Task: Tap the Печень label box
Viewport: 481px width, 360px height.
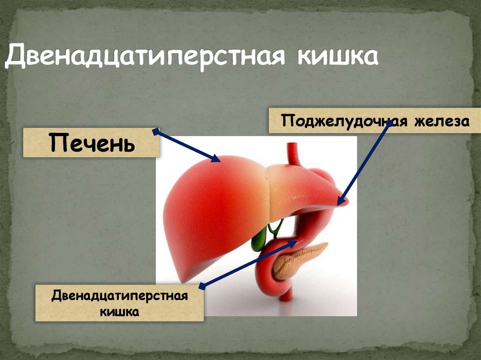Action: click(x=92, y=143)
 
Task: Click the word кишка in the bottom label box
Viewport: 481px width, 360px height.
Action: click(x=119, y=311)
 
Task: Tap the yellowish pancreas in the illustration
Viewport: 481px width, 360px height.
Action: click(x=297, y=260)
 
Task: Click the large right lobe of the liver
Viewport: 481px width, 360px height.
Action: click(x=211, y=211)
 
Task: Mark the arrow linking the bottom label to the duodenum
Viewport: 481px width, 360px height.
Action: click(x=249, y=263)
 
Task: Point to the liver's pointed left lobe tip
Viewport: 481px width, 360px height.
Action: click(x=345, y=202)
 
